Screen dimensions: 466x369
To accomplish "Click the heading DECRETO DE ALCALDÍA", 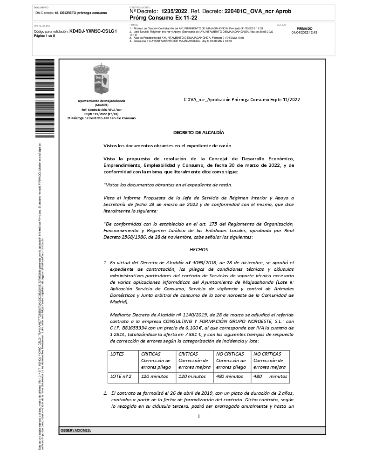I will (198, 133).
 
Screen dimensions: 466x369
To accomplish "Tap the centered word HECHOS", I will (198, 249).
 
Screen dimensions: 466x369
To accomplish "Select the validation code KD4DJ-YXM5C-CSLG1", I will (93, 32).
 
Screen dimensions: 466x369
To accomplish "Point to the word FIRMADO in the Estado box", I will (304, 28).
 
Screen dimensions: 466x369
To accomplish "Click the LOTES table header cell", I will (117, 354).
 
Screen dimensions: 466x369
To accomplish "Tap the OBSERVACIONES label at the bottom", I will (75, 430).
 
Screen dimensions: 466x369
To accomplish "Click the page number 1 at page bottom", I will (198, 416).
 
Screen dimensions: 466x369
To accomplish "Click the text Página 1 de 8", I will (45, 36).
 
